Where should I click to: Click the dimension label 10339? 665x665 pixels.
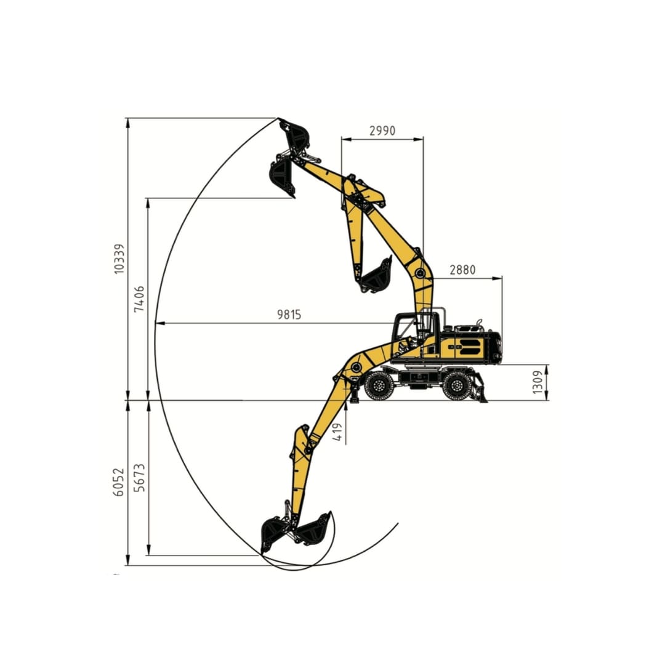pos(120,258)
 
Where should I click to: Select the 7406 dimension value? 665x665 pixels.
pos(140,299)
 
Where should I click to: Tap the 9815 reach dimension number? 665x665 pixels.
pos(289,314)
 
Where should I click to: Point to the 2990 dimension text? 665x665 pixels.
pos(382,130)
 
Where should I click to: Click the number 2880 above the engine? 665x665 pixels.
pos(462,269)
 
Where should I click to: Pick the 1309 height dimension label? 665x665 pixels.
pos(538,382)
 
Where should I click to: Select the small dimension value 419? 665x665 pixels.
pos(338,432)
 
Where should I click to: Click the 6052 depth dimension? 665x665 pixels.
pos(119,482)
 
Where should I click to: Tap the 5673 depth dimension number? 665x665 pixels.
pos(140,478)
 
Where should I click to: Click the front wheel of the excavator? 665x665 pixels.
pos(377,385)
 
